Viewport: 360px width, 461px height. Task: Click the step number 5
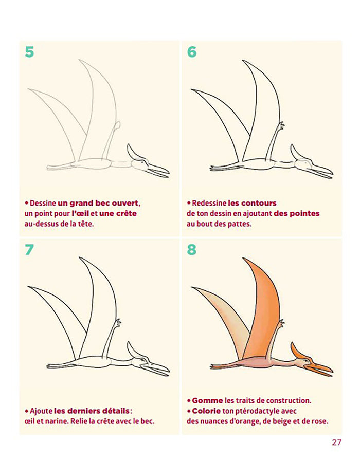tap(29, 52)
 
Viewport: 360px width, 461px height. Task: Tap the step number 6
tap(192, 52)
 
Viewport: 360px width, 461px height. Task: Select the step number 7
tap(29, 250)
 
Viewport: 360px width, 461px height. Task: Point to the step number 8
tap(192, 250)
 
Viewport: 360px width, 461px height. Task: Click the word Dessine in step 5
tap(43, 203)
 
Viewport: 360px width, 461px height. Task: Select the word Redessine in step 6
tap(209, 203)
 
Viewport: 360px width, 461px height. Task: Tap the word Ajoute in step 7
tap(41, 412)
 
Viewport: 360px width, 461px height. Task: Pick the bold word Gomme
tap(207, 400)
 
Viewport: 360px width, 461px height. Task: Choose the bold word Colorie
tap(207, 411)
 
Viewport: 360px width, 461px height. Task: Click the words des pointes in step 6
tap(297, 213)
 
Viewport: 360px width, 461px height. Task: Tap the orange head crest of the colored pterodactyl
tap(297, 352)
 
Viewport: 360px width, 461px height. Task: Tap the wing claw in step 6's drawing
tap(281, 125)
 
